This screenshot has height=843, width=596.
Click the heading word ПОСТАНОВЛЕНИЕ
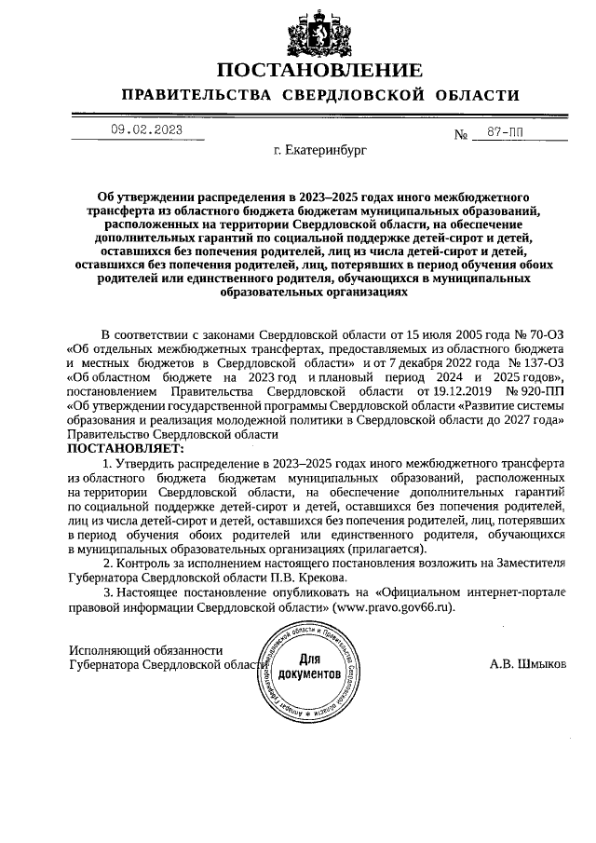[319, 71]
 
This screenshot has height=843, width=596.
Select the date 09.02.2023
[146, 129]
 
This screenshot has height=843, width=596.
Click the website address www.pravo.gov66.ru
[398, 606]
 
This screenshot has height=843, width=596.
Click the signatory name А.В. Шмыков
[527, 665]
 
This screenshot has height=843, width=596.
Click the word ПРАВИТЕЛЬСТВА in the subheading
[196, 96]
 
